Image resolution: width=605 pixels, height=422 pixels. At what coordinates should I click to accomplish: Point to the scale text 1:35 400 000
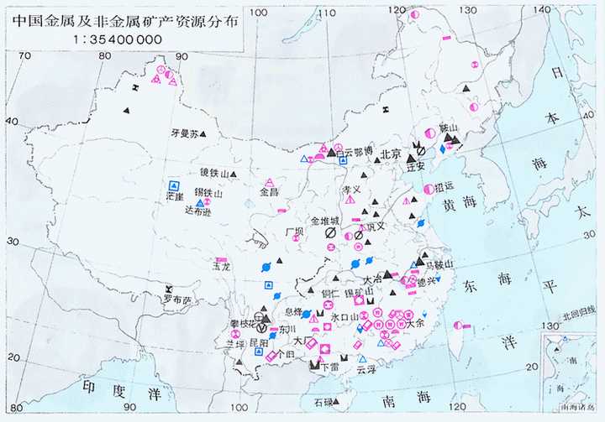(119, 39)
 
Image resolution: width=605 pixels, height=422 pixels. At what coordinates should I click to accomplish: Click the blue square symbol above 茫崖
(174, 185)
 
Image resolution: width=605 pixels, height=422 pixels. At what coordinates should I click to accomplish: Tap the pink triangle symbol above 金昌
(270, 182)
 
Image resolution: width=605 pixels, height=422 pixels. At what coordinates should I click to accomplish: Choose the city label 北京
(392, 154)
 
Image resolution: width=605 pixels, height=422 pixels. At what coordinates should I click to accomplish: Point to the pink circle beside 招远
(429, 189)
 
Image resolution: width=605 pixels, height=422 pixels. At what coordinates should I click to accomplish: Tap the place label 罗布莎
(177, 300)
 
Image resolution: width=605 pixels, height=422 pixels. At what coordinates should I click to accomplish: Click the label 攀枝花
(244, 323)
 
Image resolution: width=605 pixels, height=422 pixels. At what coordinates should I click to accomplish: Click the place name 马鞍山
(442, 264)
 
